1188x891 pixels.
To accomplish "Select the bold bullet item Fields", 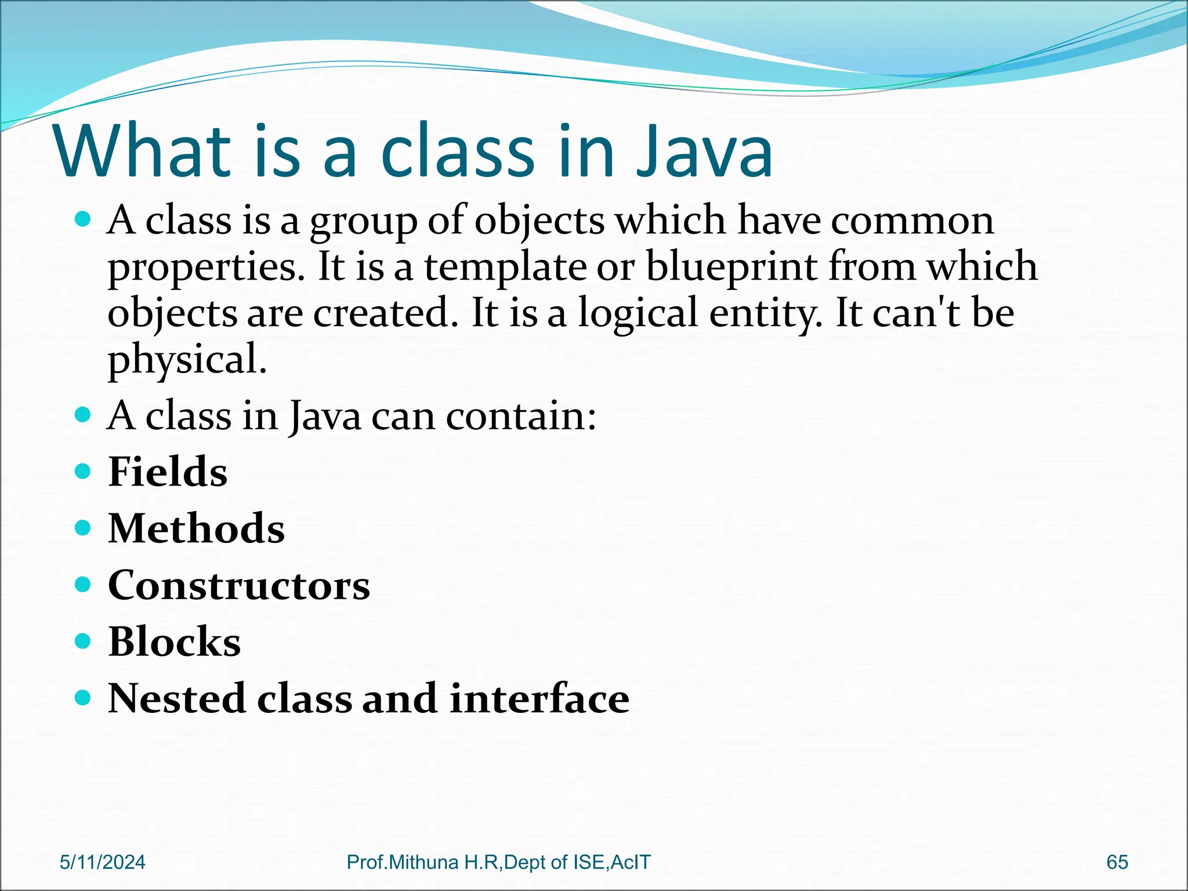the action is click(168, 472).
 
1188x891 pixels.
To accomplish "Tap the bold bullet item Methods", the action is click(196, 528).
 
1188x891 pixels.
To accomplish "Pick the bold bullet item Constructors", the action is click(238, 585).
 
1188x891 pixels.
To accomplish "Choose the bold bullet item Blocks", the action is click(174, 642).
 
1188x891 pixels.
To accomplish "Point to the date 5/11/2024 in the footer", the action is click(103, 863).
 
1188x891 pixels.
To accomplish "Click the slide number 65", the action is click(1117, 863).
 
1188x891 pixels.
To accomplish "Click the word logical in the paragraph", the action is click(638, 313).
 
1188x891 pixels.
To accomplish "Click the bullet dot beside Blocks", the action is click(84, 641).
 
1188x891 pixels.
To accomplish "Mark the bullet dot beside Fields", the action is click(84, 471).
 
